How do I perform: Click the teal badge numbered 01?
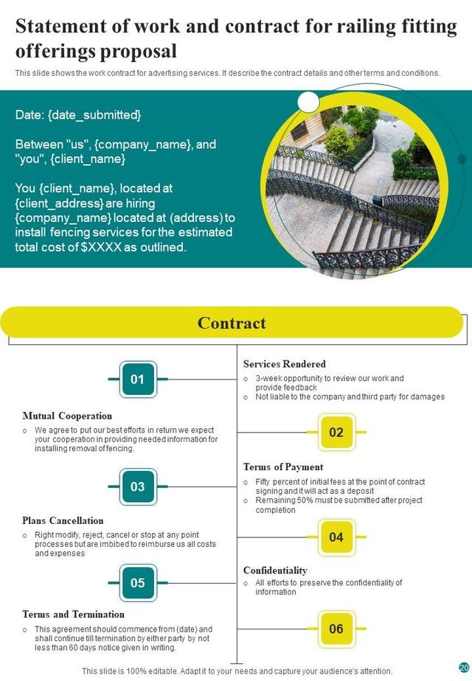(138, 380)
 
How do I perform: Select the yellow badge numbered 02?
(336, 433)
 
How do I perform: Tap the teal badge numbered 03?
(138, 486)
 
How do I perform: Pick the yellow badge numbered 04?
(336, 537)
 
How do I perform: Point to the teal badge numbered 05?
(138, 583)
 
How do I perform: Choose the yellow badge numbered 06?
(336, 629)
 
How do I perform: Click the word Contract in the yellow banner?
(232, 323)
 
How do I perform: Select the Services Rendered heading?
(284, 364)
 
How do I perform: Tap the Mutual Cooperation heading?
(67, 416)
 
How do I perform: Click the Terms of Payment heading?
(283, 467)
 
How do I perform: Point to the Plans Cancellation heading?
(63, 520)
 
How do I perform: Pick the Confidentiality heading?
(275, 570)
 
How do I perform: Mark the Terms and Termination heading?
(73, 614)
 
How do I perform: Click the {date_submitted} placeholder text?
(94, 115)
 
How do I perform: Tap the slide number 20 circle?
(464, 667)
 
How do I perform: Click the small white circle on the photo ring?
(308, 102)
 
